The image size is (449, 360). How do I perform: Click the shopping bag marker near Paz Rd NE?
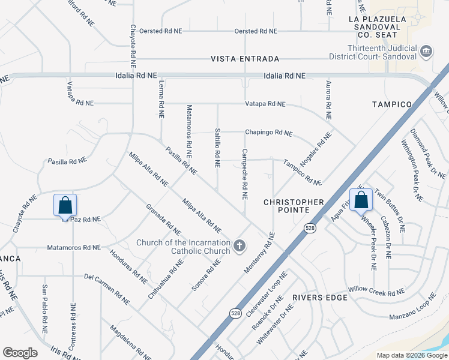pos(65,205)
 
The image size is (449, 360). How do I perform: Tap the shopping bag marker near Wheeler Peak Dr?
pos(361,199)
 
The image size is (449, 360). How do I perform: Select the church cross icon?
pos(240,245)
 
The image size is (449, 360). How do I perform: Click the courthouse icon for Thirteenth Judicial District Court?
pos(426,51)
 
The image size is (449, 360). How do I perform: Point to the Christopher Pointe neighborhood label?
pos(294,206)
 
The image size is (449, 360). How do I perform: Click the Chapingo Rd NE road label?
pos(268,133)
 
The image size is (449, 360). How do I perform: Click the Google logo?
pos(20,353)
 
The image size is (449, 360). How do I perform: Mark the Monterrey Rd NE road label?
pos(259,256)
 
